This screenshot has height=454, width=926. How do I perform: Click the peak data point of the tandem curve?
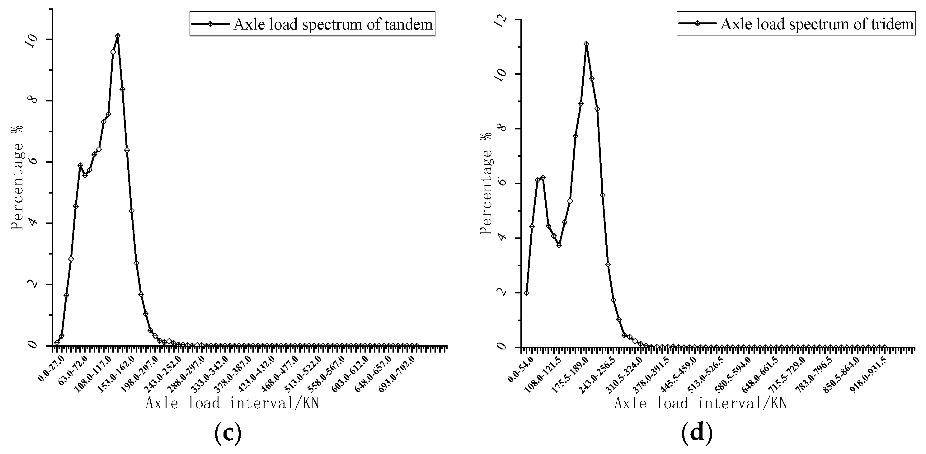118,36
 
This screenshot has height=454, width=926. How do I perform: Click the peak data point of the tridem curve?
586,44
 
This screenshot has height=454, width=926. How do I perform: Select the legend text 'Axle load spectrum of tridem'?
817,24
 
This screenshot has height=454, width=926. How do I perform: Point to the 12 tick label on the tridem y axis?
501,20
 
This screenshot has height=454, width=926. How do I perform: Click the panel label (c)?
228,433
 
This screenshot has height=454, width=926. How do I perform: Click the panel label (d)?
697,433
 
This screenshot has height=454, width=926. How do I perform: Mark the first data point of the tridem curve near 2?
527,293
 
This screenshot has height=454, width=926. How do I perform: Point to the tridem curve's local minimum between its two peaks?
559,246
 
